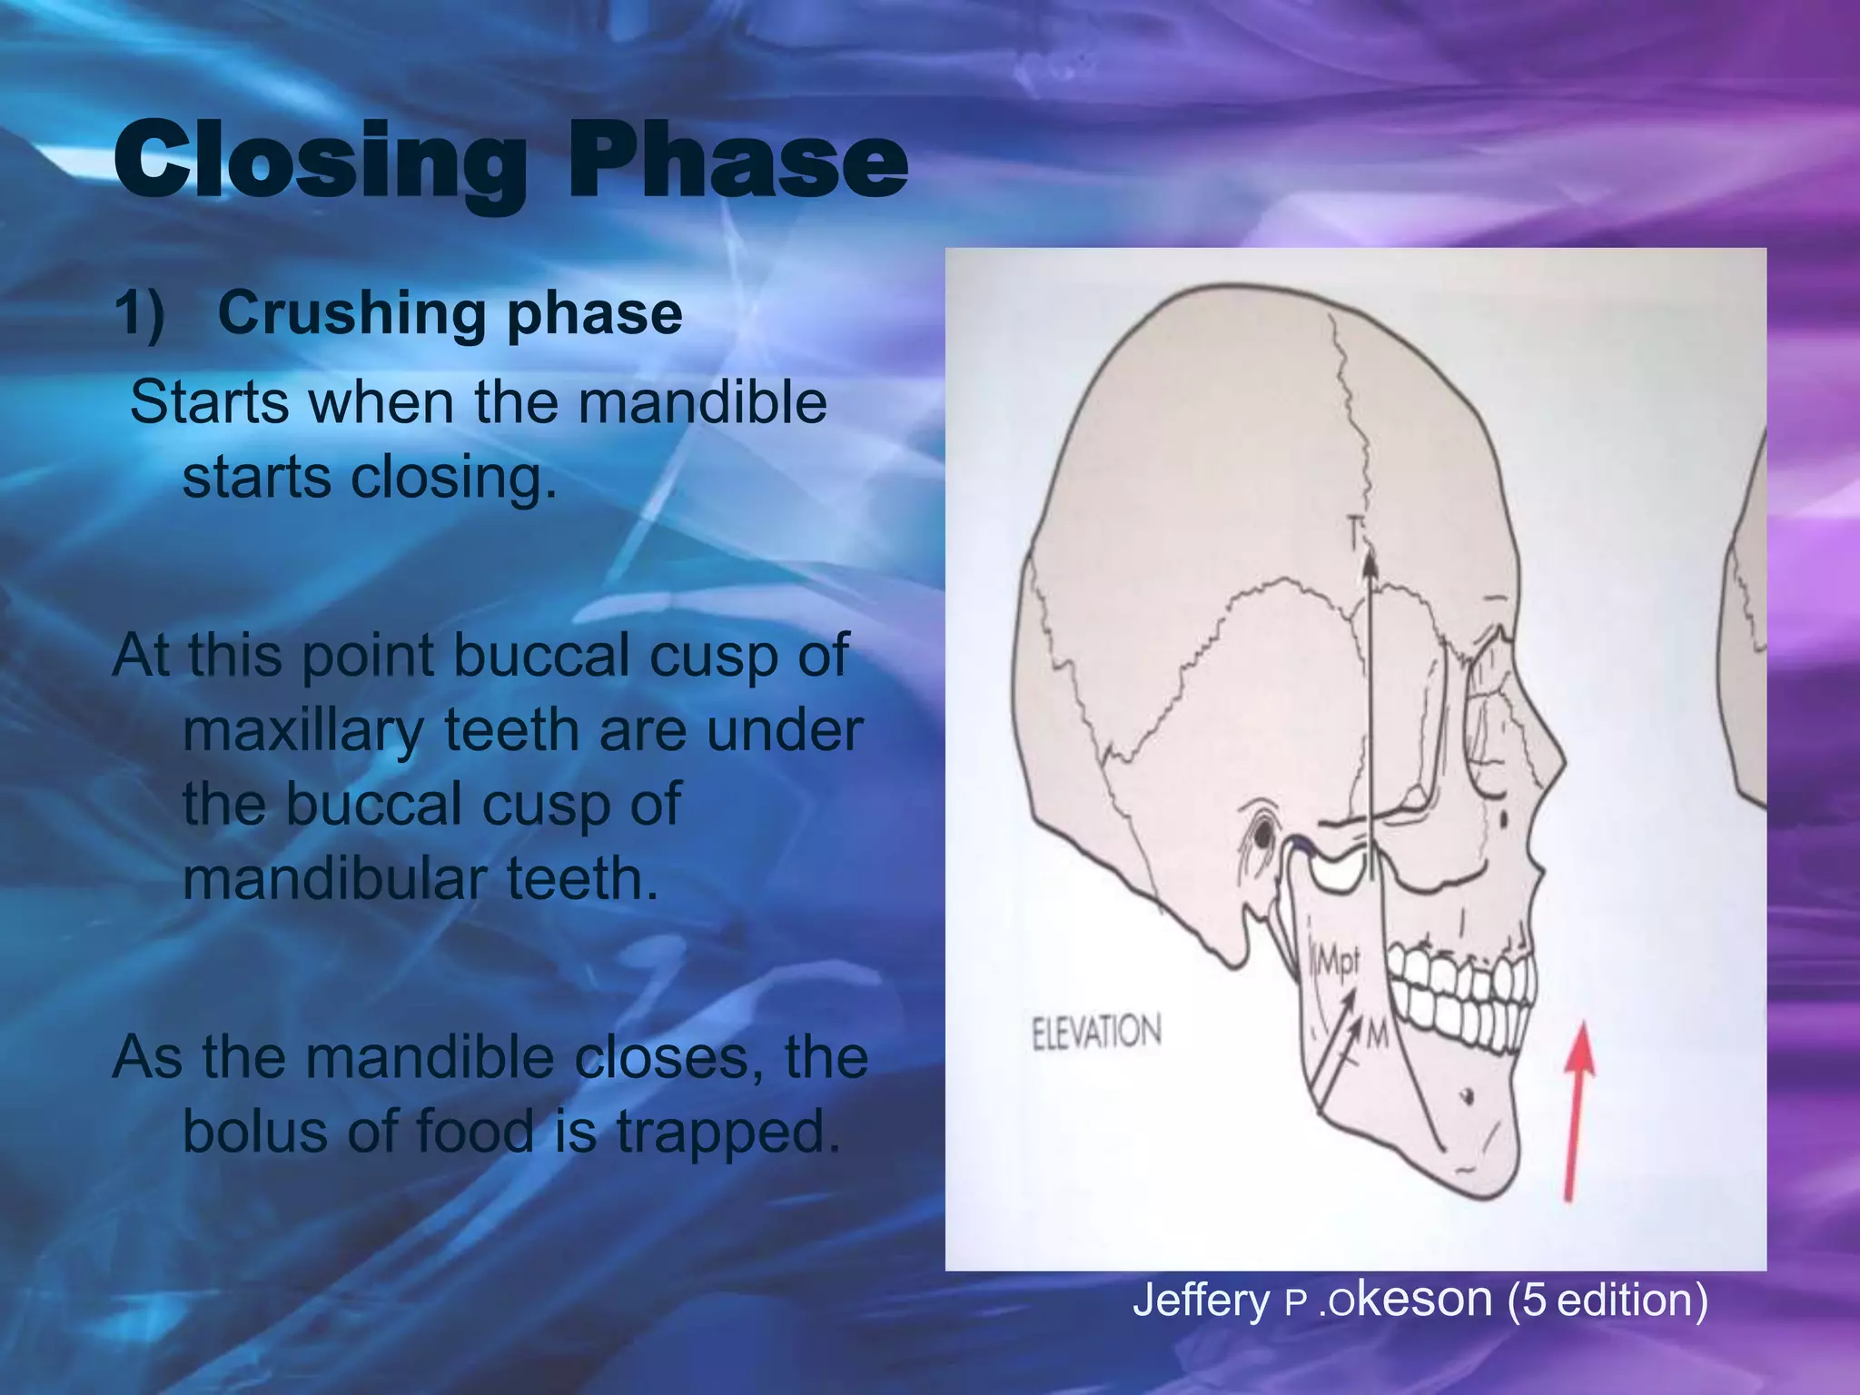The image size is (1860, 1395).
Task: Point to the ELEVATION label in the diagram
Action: [x=1096, y=1032]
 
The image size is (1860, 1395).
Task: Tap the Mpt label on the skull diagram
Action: [x=1336, y=961]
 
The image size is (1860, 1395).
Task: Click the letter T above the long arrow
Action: [x=1356, y=531]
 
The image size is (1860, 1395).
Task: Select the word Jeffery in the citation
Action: [x=1201, y=1300]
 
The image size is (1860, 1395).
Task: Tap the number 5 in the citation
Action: [x=1534, y=1300]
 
